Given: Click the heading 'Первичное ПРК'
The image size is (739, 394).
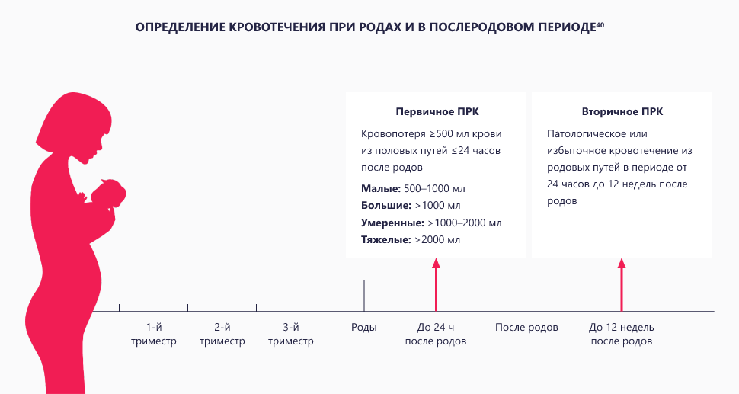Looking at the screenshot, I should [437, 111].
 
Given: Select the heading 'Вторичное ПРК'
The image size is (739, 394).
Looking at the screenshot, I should [622, 111].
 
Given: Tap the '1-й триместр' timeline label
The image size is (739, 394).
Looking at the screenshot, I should [153, 335].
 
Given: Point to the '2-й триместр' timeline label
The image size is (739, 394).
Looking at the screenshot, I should [222, 335].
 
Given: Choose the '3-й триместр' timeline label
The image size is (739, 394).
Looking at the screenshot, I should [290, 335].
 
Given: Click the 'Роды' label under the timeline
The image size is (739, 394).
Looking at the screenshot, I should [363, 328].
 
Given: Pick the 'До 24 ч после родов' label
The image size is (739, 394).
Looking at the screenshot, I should [436, 335].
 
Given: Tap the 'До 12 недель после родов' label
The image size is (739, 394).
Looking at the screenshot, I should [621, 335].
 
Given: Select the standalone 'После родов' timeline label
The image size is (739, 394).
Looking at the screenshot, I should [526, 328].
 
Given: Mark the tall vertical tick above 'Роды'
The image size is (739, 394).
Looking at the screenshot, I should [363, 295].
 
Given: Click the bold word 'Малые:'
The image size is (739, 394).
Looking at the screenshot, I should [379, 188].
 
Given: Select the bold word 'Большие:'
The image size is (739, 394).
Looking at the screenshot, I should [385, 206].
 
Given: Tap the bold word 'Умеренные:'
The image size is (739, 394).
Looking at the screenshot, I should [392, 223].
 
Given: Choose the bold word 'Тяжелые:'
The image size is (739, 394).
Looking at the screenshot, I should [385, 241].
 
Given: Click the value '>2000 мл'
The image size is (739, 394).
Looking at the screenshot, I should [438, 241].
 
